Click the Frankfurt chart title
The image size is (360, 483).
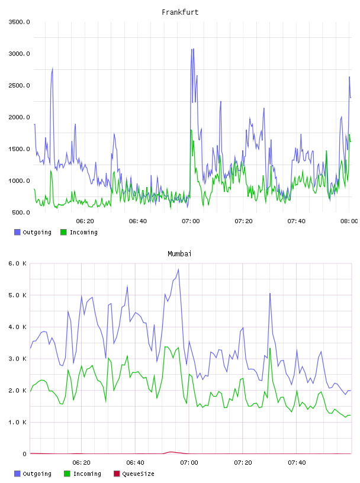180,12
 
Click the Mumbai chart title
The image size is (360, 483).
179,254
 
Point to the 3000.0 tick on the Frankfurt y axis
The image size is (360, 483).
19,54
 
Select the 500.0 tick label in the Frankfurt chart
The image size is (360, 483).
21,212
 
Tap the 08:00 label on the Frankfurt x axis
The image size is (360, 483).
349,221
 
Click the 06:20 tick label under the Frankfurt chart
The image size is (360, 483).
85,221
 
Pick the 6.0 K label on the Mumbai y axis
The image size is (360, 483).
17,263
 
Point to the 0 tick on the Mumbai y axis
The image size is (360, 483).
24,454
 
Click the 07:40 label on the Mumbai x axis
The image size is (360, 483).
297,463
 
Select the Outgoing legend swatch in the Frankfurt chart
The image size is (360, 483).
17,232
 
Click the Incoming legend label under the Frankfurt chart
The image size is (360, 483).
83,232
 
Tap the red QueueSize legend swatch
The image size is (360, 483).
117,474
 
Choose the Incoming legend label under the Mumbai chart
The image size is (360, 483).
87,474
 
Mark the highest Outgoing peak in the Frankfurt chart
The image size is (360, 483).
192,49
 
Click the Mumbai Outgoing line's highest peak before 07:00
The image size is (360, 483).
178,269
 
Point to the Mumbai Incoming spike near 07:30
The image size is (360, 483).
270,349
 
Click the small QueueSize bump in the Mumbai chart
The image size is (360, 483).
171,452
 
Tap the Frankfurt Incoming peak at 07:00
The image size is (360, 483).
191,130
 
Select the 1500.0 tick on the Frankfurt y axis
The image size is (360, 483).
19,149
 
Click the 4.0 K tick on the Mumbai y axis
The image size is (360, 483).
17,327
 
